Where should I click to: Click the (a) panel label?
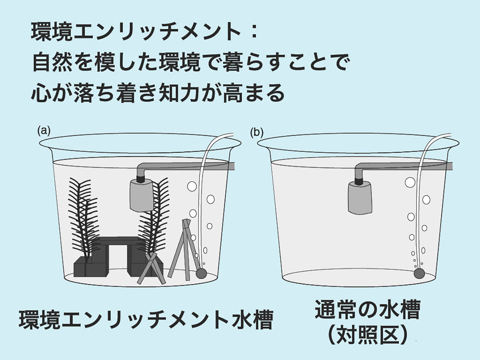[x=44, y=131]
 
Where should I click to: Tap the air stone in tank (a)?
[x=201, y=273]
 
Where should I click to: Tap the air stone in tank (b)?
[x=419, y=273]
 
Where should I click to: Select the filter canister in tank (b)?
[x=360, y=197]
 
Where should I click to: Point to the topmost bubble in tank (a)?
[x=192, y=186]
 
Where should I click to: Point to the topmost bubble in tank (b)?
[x=410, y=182]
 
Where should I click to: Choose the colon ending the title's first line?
[x=254, y=33]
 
